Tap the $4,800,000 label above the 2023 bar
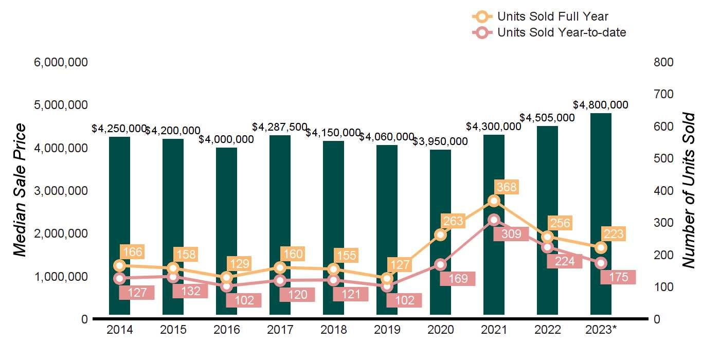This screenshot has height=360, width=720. coord(601,105)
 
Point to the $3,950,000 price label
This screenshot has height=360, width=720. coord(440,141)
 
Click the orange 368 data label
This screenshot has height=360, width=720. coord(507,187)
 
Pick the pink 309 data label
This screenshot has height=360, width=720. coord(508,234)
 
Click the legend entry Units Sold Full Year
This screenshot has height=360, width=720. coord(553,16)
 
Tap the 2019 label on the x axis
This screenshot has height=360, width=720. coord(387,330)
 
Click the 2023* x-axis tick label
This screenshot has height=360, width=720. coord(601,330)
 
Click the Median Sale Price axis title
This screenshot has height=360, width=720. coord(20,190)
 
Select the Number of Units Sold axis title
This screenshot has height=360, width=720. coord(689,190)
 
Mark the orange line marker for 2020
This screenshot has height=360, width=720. coord(440,235)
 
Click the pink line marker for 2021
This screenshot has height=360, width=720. coord(494,220)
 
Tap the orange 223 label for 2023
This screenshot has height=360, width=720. coord(614,234)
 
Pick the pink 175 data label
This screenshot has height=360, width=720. coord(618,277)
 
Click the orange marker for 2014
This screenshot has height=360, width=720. coord(120,266)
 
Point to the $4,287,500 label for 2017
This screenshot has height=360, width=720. coord(280,127)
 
